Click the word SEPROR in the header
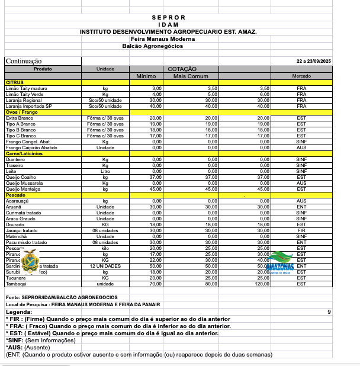[x=168, y=18]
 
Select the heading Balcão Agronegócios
[x=152, y=45]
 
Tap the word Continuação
[x=24, y=61]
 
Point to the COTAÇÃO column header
[x=182, y=69]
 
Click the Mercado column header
[x=301, y=76]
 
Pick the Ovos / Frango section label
[x=22, y=112]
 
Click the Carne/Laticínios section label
[x=24, y=153]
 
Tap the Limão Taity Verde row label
[x=24, y=94]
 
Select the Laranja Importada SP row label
[x=28, y=106]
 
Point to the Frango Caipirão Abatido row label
[x=31, y=147]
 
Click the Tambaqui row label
[x=15, y=284]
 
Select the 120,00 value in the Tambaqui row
[x=261, y=284]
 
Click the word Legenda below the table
[x=19, y=312]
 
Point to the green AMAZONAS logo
[x=279, y=261]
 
